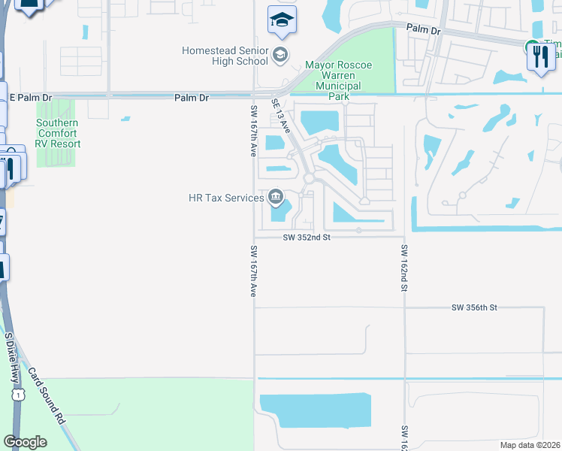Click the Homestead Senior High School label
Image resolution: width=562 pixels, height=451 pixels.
tap(225, 56)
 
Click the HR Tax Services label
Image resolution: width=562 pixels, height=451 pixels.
tap(226, 198)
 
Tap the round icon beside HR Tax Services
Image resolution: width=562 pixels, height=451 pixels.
tap(276, 198)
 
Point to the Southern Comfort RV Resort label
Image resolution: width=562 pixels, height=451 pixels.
tap(57, 133)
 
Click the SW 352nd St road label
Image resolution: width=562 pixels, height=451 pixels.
tap(307, 237)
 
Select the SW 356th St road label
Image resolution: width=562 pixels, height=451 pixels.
tap(474, 308)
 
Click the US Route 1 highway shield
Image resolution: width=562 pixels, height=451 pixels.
tap(18, 394)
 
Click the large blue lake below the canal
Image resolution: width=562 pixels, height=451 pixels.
tap(316, 410)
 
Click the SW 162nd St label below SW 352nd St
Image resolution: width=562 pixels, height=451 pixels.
tap(404, 268)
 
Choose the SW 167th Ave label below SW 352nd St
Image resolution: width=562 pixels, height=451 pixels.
tap(253, 271)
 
